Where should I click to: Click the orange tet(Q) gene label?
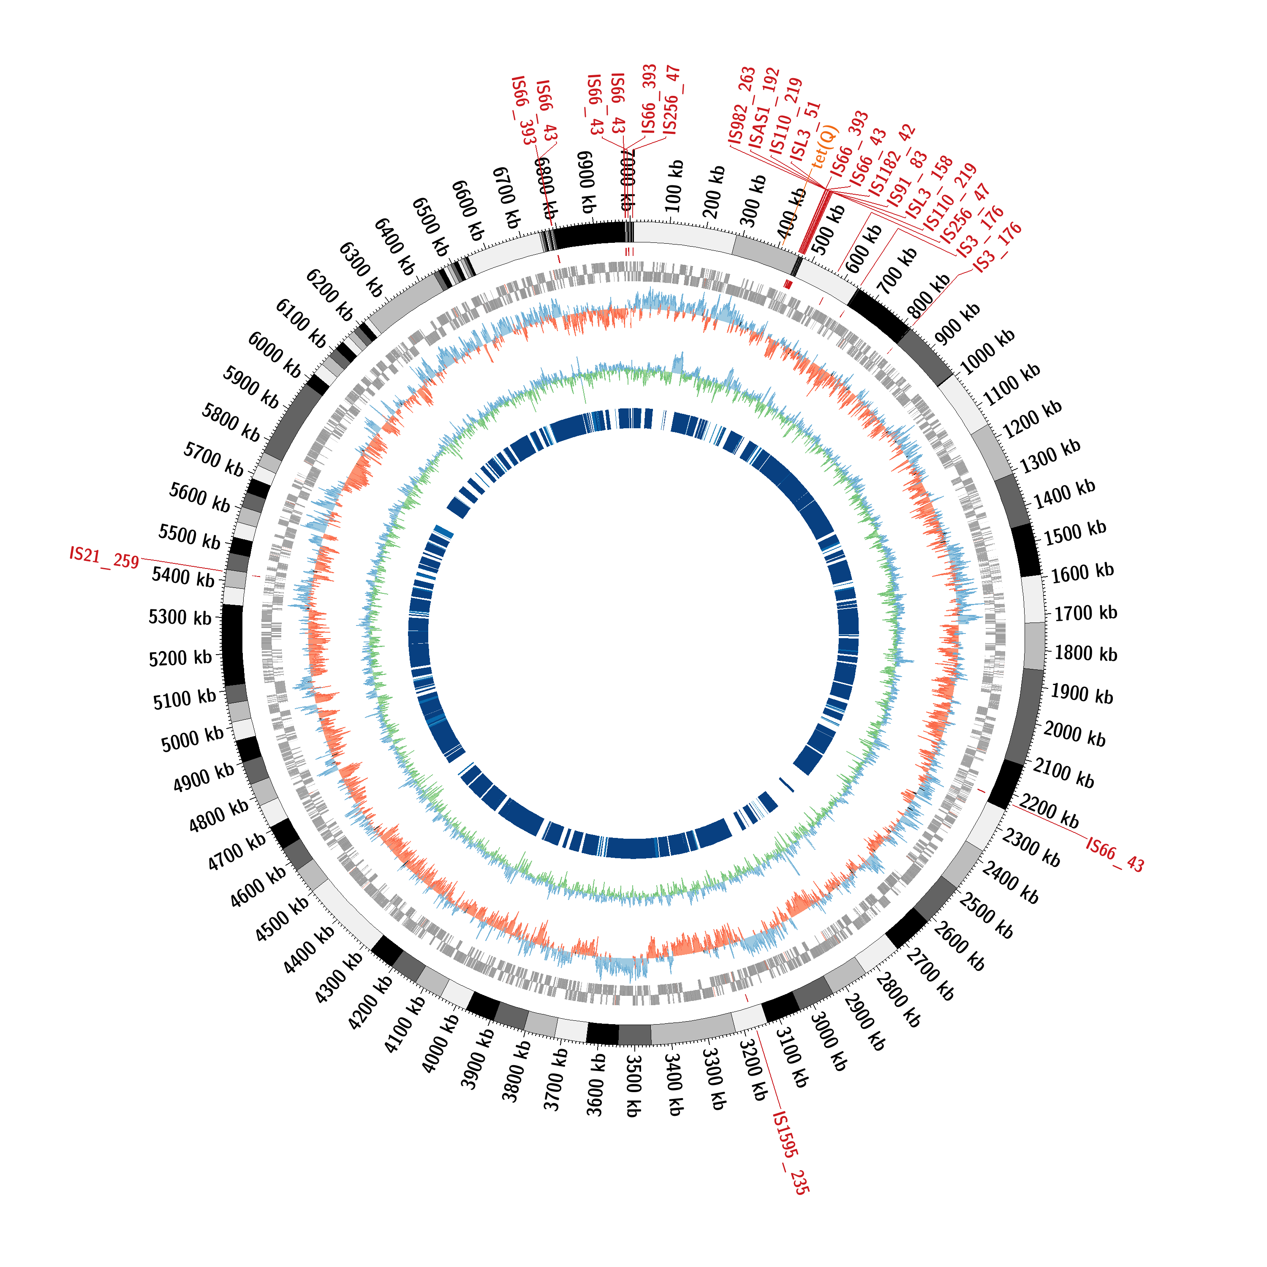pos(825,146)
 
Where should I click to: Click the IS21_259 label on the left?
pos(104,557)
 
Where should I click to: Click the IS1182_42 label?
pos(892,160)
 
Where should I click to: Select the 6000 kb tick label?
pos(274,355)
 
